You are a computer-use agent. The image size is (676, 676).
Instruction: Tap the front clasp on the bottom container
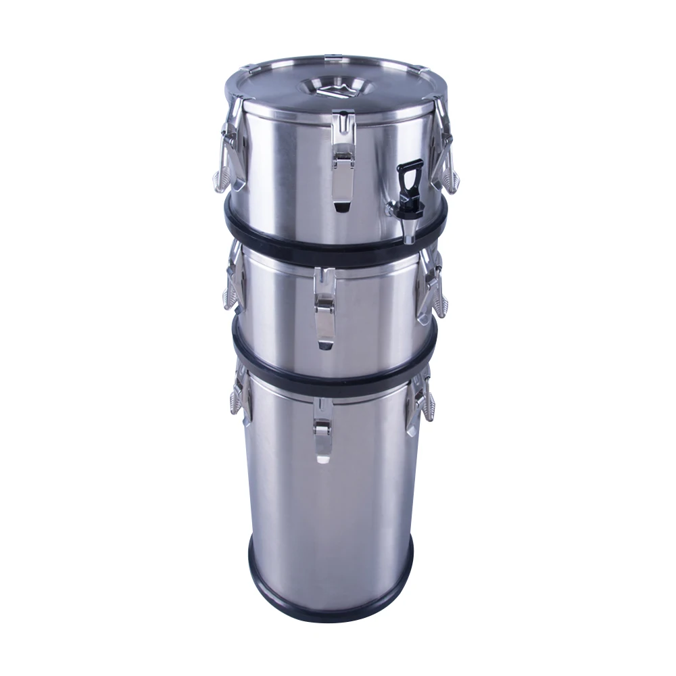pyautogui.click(x=322, y=433)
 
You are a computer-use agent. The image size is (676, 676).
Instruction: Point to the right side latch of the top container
pyautogui.click(x=446, y=145)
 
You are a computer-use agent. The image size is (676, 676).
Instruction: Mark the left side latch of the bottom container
pyautogui.click(x=239, y=392)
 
